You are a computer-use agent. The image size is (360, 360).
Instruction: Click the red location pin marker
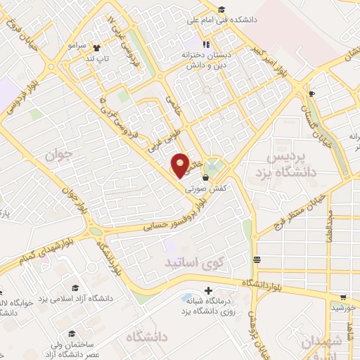coord(181,165)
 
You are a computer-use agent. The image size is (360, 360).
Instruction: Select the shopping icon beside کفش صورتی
coord(205,179)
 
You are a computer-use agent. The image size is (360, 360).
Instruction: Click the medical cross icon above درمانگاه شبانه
coord(207,290)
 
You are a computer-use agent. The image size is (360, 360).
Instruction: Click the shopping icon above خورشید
coord(343,297)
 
